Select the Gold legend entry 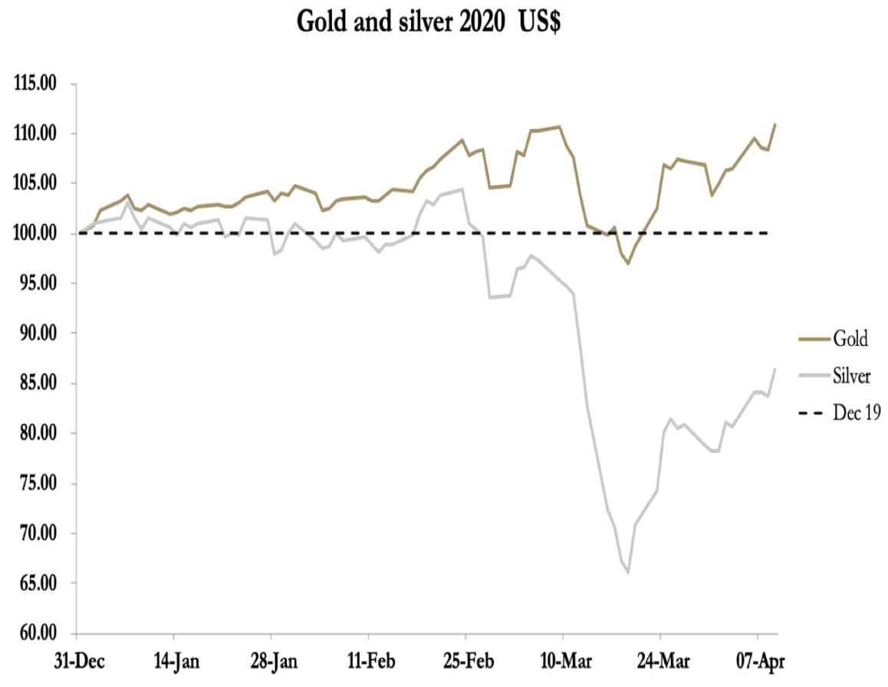[850, 337]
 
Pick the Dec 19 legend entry [856, 413]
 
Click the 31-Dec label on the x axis [77, 660]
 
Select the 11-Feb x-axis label [369, 660]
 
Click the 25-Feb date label [465, 660]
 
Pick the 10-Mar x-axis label [563, 660]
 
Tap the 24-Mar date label [660, 660]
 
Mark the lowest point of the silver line [628, 573]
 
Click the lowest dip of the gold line [628, 263]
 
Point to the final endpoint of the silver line [775, 369]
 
